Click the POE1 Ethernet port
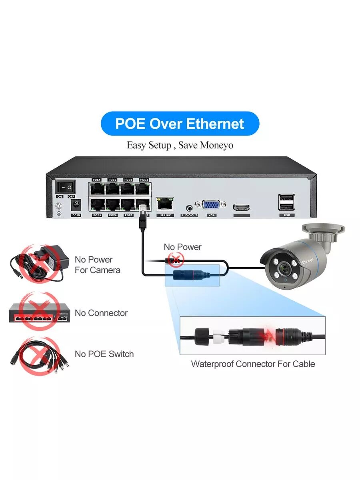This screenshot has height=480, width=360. point(97,188)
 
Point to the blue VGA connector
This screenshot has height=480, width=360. point(211,205)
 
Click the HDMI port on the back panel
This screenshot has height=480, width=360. point(242,207)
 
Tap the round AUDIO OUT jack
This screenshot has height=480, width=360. point(189,207)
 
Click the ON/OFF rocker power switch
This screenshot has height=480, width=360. point(65,187)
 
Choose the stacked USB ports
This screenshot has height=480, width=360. point(287,202)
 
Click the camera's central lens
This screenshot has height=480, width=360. point(285,268)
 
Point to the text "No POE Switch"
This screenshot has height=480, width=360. point(104,354)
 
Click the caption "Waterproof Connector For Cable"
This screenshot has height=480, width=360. point(253,364)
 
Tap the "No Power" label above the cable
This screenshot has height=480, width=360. point(182,247)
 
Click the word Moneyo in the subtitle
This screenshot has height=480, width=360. point(216,145)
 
